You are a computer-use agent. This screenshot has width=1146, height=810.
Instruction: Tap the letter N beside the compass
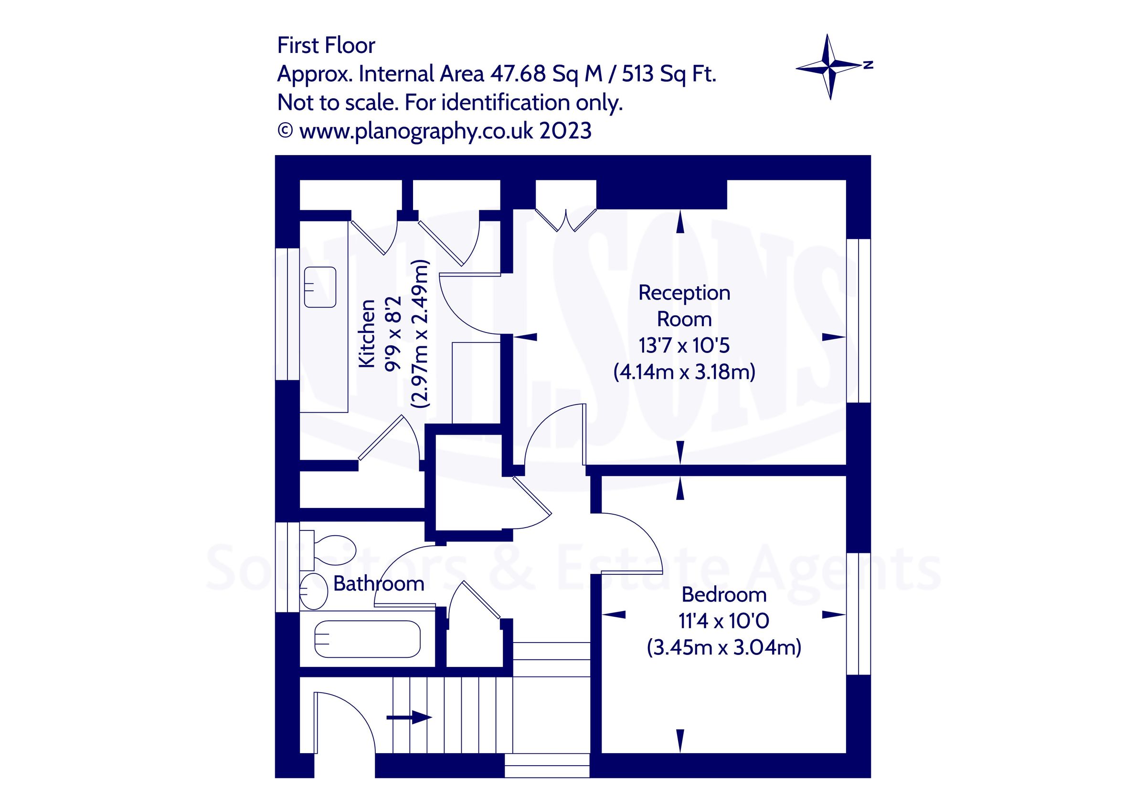[x=869, y=64]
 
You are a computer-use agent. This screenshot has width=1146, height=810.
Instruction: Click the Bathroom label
[x=378, y=583]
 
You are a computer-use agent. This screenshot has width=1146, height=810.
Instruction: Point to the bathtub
[x=367, y=639]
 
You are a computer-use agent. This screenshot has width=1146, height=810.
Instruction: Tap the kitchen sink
[x=320, y=287]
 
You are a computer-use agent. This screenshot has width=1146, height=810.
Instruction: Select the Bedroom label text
[x=724, y=594]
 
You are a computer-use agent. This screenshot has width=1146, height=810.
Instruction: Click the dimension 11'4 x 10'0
[x=724, y=621]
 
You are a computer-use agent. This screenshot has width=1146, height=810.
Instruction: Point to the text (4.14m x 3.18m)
[x=684, y=372]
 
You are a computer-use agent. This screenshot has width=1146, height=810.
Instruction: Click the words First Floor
[x=326, y=45]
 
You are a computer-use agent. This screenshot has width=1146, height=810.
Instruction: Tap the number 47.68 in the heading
[x=518, y=74]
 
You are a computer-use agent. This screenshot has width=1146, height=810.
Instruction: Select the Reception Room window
[x=859, y=320]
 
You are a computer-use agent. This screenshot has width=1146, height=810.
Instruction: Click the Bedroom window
[x=859, y=613]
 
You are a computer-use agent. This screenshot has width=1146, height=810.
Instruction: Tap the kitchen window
[x=287, y=314]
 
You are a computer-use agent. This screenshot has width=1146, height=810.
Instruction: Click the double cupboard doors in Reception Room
[x=566, y=219]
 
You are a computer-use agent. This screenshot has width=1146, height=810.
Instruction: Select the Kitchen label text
[x=367, y=333]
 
